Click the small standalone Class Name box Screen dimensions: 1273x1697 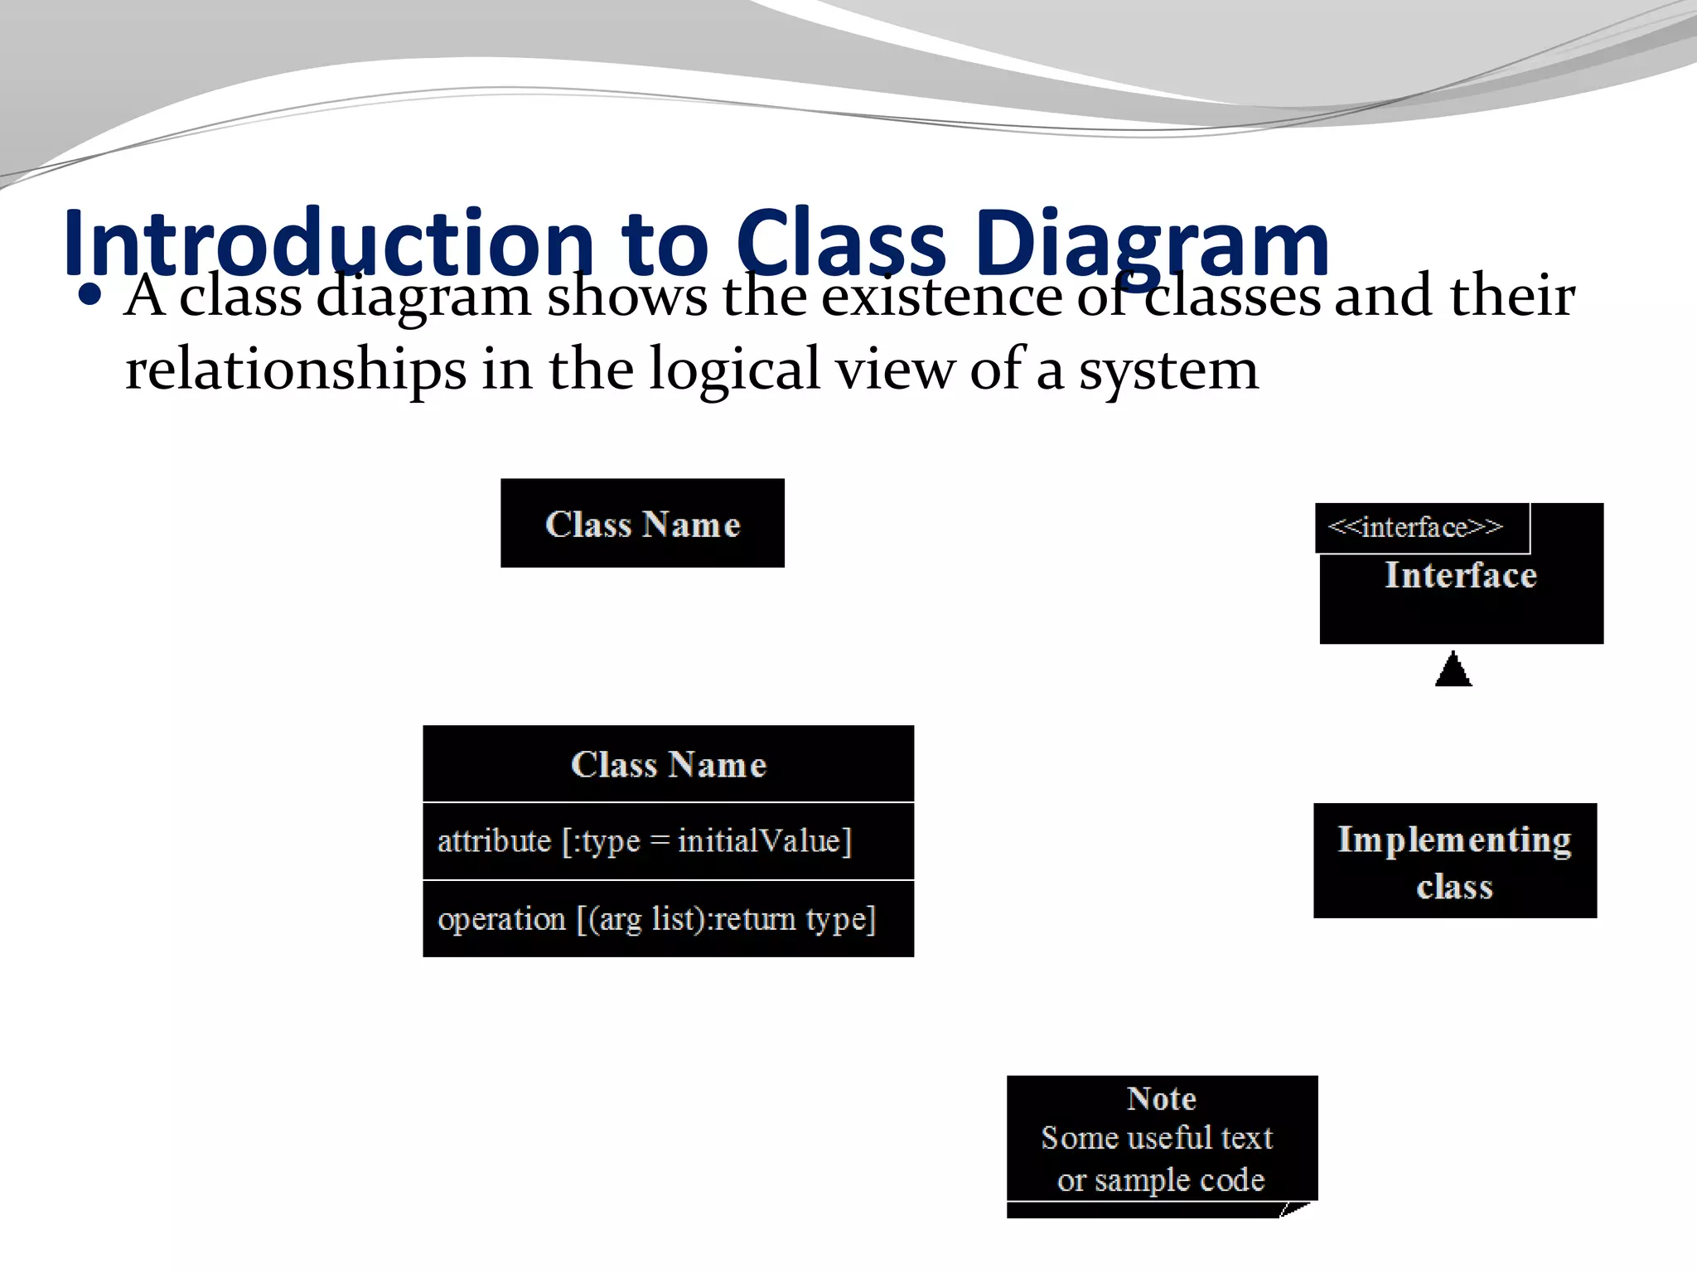[x=642, y=524]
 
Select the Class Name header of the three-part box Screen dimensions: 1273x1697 [x=668, y=764]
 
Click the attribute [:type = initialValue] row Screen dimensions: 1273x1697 [x=645, y=841]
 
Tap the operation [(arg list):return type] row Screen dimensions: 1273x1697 [x=656, y=919]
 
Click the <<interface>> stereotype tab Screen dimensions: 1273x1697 [x=1415, y=528]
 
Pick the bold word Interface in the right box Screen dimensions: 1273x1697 [x=1461, y=575]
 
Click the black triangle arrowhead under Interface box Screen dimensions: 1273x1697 [x=1453, y=671]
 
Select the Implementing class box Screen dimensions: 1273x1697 [x=1454, y=862]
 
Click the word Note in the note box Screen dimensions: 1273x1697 [x=1161, y=1099]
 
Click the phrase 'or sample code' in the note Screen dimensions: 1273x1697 [x=1161, y=1179]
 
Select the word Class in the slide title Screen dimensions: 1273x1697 [x=840, y=244]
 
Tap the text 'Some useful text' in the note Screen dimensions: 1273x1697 [x=1157, y=1138]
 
